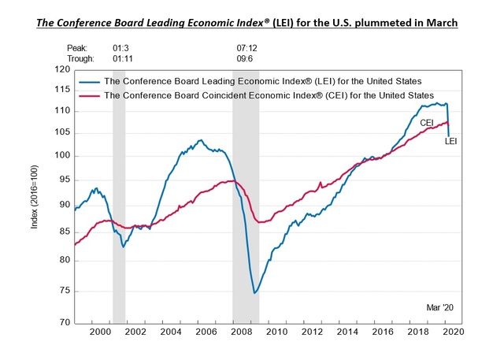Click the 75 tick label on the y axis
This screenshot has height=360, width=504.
click(x=64, y=291)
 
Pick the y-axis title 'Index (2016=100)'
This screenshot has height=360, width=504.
click(x=34, y=197)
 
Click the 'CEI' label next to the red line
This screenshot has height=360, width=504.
click(x=427, y=123)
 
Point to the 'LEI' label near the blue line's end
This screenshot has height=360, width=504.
click(x=451, y=142)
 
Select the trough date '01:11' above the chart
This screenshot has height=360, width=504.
click(x=123, y=58)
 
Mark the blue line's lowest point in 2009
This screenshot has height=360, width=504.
click(x=254, y=293)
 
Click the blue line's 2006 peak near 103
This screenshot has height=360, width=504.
click(x=200, y=140)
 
